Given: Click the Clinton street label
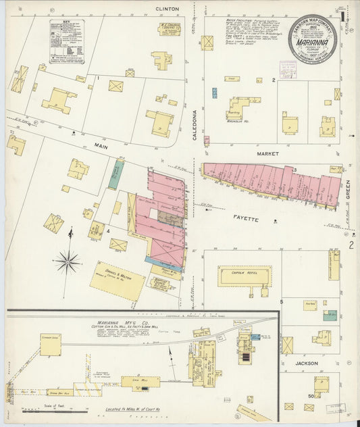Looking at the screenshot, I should [x=167, y=9].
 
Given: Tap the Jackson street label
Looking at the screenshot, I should [x=307, y=363].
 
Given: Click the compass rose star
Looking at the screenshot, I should [x=68, y=259].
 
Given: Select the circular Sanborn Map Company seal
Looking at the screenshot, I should [x=313, y=39].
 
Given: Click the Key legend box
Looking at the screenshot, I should [x=67, y=41].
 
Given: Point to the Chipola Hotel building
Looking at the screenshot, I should [x=245, y=276].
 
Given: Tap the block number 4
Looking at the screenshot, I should [x=108, y=231].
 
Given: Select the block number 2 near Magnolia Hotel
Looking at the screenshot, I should [x=274, y=80].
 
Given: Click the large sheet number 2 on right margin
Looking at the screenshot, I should [x=351, y=245].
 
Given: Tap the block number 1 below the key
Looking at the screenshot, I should [x=98, y=78].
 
